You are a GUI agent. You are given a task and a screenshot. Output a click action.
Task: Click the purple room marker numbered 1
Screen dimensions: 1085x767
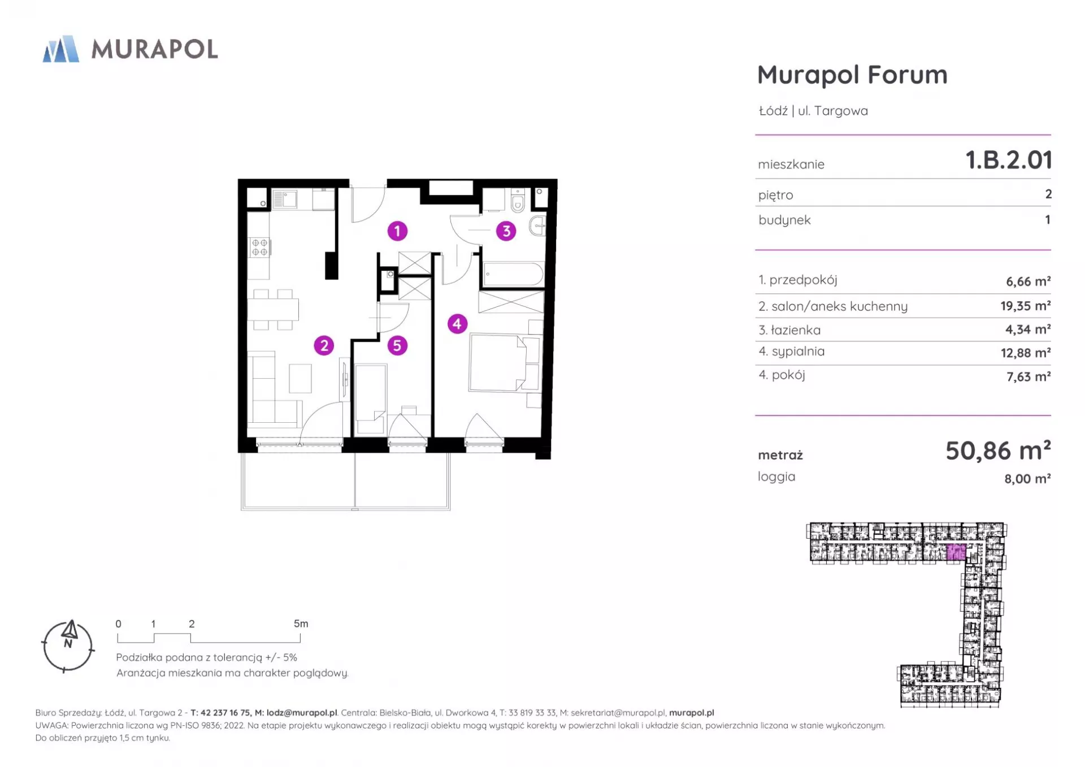(397, 231)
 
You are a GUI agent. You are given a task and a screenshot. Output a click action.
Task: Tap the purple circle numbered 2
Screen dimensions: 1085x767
(324, 345)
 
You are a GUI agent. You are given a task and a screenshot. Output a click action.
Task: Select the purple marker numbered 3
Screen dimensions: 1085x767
(506, 231)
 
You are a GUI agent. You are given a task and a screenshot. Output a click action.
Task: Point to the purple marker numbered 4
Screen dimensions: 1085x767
(457, 324)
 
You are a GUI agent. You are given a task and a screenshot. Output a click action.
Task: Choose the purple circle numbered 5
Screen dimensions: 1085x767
(397, 345)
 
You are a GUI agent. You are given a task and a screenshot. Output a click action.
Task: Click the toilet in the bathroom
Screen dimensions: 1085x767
(518, 200)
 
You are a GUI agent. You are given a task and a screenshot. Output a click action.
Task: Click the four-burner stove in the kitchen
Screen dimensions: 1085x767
(259, 248)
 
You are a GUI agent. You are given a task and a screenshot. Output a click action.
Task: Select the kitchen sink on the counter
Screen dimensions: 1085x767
(285, 199)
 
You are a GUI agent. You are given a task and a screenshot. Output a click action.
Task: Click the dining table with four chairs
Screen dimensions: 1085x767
(274, 310)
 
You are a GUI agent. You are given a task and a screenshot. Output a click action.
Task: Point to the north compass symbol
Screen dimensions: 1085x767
(68, 646)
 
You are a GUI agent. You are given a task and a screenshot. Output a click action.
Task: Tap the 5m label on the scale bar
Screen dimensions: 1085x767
(301, 624)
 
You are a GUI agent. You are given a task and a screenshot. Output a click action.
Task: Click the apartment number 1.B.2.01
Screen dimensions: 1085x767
(1009, 160)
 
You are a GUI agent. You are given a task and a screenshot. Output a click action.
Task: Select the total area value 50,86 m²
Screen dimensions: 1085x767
(998, 450)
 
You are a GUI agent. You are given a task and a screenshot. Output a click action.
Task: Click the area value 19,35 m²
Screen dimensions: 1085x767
(1025, 306)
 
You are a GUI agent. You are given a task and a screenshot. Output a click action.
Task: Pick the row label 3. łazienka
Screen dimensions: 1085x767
(789, 330)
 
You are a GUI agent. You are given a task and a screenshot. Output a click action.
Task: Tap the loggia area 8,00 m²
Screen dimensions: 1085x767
(1027, 479)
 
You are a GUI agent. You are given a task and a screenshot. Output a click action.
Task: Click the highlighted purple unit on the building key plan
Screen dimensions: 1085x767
(956, 552)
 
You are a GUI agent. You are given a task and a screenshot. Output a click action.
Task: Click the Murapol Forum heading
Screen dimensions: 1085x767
(852, 75)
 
